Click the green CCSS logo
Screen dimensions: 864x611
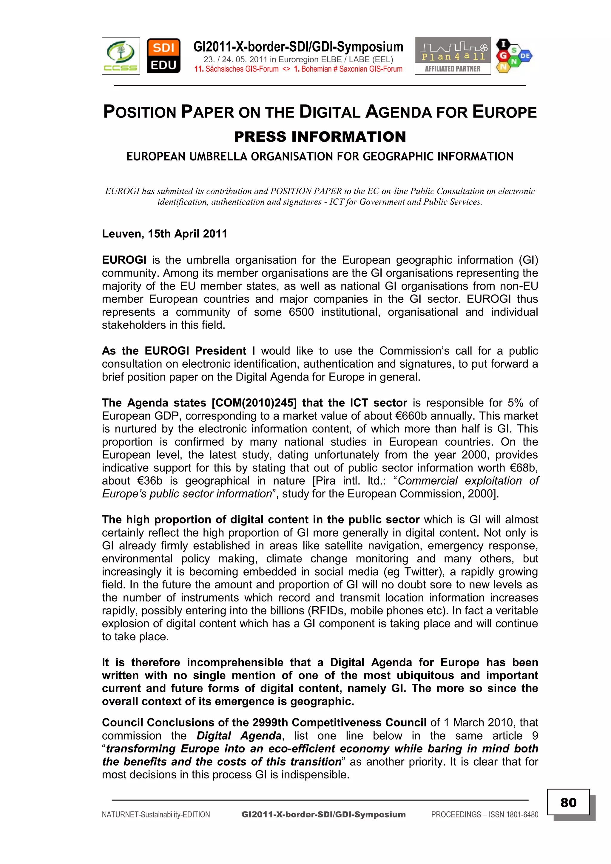[121, 56]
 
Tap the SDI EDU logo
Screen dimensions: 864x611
[163, 56]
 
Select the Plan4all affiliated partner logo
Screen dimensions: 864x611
[453, 56]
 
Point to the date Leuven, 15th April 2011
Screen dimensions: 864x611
[164, 234]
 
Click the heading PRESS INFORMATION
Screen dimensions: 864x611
[320, 137]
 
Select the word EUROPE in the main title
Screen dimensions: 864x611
[504, 112]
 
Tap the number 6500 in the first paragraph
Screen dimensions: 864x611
[301, 312]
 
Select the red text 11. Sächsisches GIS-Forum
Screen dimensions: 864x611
[236, 69]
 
